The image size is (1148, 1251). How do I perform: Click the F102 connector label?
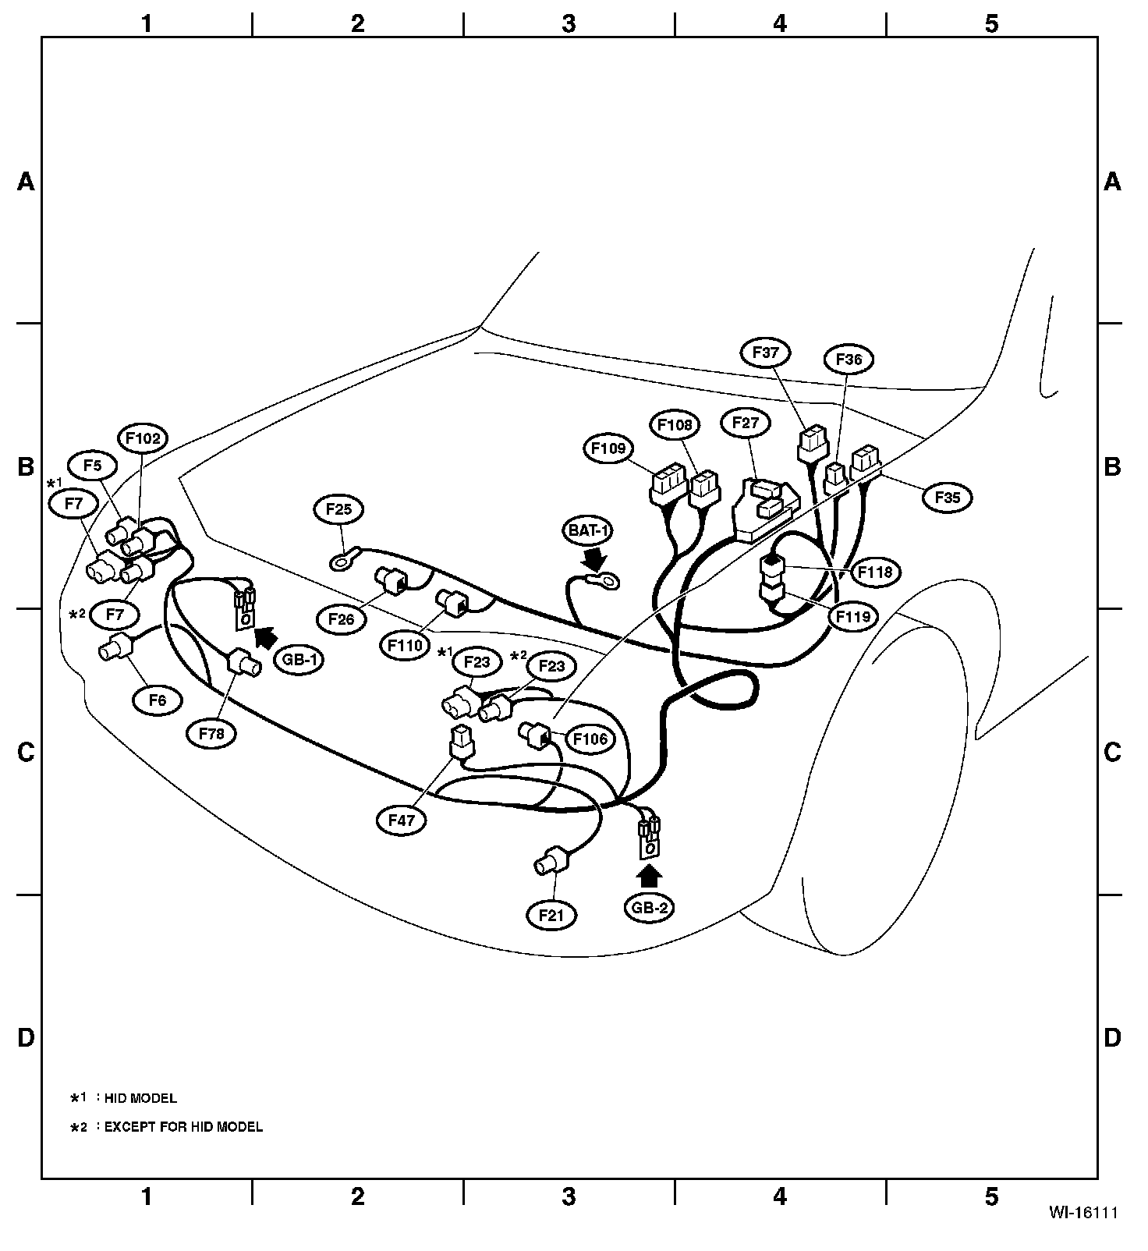point(142,438)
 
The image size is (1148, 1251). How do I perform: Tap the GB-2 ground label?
point(649,907)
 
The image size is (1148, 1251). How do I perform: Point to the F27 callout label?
point(746,423)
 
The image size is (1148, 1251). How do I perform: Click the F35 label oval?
point(948,497)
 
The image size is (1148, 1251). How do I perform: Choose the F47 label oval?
point(402,820)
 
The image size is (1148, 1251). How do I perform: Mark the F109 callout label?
point(608,448)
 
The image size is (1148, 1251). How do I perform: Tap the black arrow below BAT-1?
point(595,558)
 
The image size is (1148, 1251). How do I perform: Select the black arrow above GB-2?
point(649,875)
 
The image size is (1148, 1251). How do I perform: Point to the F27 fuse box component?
point(765,509)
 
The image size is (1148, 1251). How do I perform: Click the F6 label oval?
point(158,700)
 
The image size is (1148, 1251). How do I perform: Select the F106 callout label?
point(590,739)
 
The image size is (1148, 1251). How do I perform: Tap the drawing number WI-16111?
point(1083,1234)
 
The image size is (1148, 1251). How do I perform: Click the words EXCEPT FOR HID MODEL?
point(183,1126)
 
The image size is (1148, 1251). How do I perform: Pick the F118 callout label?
point(876,572)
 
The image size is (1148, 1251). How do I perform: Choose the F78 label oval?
point(211,733)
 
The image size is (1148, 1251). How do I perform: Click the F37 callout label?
point(765,353)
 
